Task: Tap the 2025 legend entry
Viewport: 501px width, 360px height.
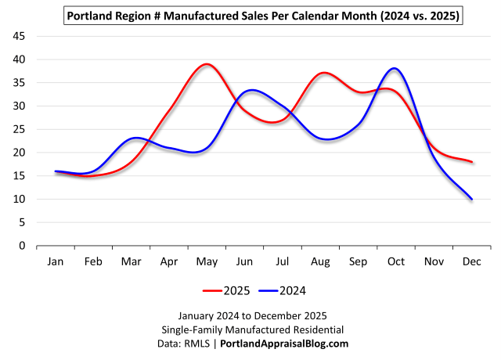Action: click(x=227, y=291)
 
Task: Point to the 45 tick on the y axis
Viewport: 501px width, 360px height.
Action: click(x=20, y=36)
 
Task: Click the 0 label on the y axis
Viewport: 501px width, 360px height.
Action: click(x=23, y=246)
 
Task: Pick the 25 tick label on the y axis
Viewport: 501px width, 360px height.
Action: click(x=20, y=129)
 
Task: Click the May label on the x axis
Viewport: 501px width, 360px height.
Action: click(x=206, y=261)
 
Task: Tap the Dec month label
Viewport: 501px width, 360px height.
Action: click(x=471, y=261)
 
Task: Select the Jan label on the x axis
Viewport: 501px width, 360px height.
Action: click(x=55, y=261)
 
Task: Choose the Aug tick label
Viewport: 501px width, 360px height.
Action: click(x=319, y=261)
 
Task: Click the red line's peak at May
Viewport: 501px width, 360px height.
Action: click(x=206, y=64)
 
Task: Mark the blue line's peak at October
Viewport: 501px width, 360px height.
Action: click(x=395, y=69)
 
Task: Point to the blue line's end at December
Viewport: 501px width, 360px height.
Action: click(x=471, y=199)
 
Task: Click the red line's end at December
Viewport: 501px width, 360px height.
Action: click(x=471, y=162)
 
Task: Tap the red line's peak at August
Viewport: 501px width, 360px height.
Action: click(x=323, y=73)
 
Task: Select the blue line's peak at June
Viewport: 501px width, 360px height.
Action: click(x=251, y=90)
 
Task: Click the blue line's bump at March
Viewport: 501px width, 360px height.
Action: click(x=136, y=138)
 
